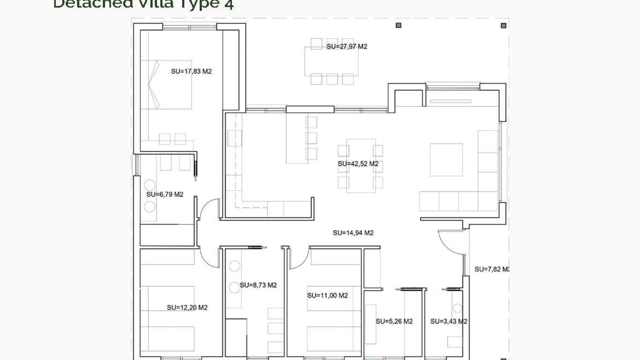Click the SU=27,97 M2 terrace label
(347, 47)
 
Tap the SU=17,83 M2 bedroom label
(191, 71)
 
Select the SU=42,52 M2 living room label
(358, 164)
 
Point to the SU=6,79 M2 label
(165, 195)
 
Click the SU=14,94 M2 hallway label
(353, 233)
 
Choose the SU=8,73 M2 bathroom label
(258, 285)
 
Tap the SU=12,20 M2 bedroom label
(187, 308)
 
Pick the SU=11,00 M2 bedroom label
(327, 296)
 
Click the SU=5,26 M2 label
(394, 322)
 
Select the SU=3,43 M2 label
(449, 322)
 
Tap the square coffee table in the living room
(446, 160)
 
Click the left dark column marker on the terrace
(398, 25)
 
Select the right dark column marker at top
(503, 25)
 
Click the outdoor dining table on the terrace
(331, 62)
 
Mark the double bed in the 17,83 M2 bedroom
(167, 85)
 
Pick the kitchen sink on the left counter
(234, 138)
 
